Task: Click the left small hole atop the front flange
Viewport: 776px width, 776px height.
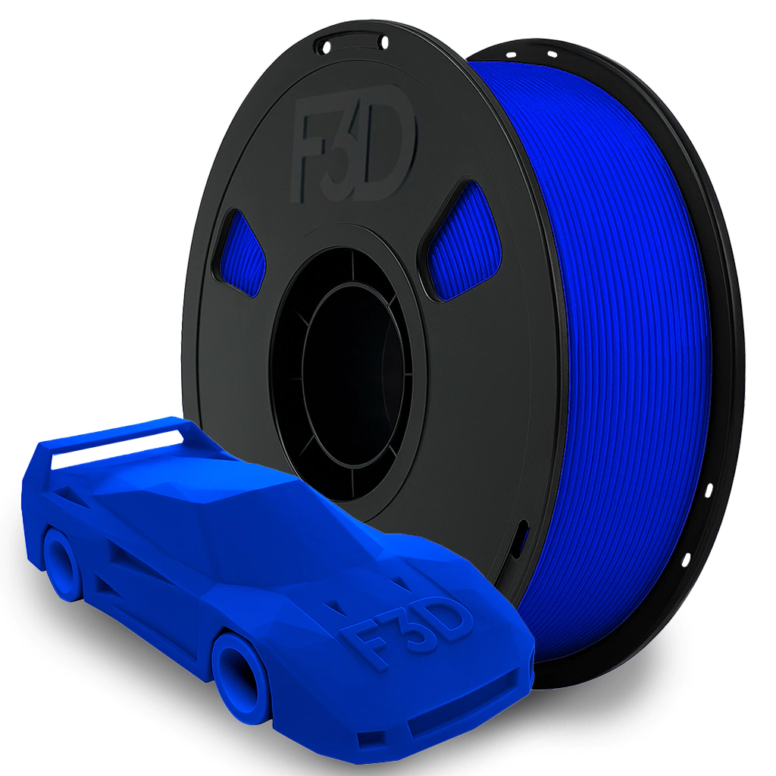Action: pyautogui.click(x=327, y=47)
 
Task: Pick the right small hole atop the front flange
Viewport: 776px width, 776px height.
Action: pyautogui.click(x=384, y=43)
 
